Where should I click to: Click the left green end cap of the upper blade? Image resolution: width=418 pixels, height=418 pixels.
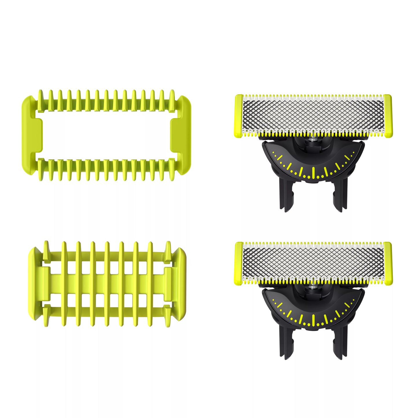tap(239, 116)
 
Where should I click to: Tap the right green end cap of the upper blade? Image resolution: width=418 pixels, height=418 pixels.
tap(388, 116)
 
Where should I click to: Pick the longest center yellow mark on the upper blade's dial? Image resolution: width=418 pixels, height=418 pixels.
tap(313, 173)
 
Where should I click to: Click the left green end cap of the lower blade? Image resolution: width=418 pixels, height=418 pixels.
tap(239, 263)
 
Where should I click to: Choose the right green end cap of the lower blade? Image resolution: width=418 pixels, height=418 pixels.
tap(388, 263)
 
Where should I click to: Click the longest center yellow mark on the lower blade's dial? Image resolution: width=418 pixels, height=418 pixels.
tap(313, 320)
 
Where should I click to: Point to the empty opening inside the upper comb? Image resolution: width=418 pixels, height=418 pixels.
tap(106, 135)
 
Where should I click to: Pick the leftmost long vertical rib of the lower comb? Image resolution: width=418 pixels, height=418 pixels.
tap(64, 283)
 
